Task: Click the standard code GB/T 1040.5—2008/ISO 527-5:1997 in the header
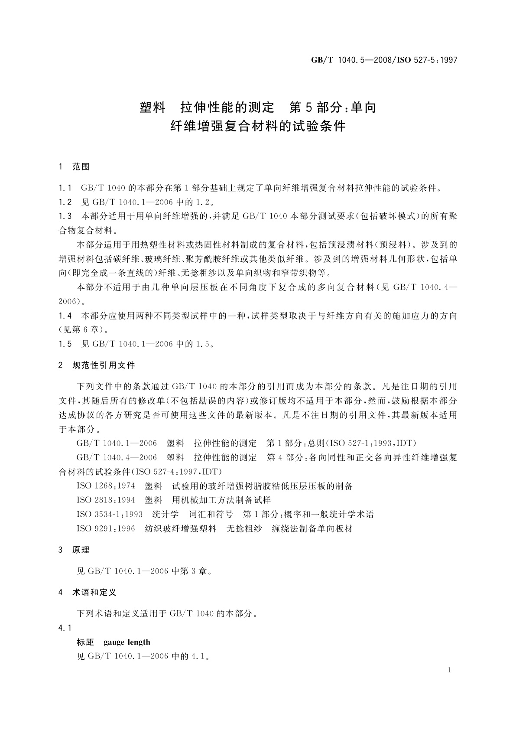click(x=384, y=60)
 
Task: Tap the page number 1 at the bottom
click(x=450, y=670)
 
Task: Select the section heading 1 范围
click(x=74, y=166)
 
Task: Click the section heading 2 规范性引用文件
click(x=97, y=365)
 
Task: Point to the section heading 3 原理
click(x=74, y=550)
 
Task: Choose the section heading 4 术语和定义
click(x=88, y=592)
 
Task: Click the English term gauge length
click(x=127, y=642)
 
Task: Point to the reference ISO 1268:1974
click(x=106, y=486)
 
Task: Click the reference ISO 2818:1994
click(x=106, y=500)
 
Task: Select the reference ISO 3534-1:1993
click(x=110, y=514)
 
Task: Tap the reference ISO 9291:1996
click(x=106, y=528)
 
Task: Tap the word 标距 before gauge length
click(x=85, y=642)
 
